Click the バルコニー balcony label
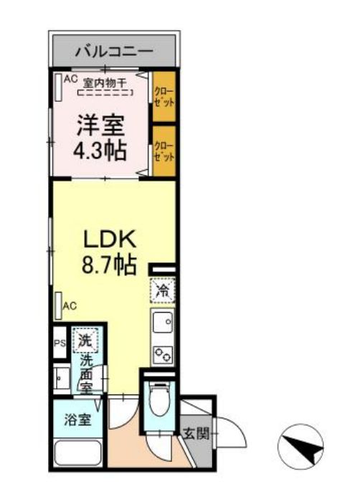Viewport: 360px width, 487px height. (x=114, y=52)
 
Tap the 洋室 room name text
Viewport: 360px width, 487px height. (x=100, y=127)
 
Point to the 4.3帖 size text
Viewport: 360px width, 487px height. (x=100, y=151)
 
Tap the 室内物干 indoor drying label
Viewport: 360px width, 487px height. (x=105, y=82)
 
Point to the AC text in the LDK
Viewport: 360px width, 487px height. (x=70, y=306)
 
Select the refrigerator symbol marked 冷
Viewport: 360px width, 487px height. (x=163, y=291)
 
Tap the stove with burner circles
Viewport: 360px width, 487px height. (x=163, y=353)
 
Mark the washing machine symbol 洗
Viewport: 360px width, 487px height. (x=85, y=340)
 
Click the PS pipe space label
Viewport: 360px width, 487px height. (x=60, y=343)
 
